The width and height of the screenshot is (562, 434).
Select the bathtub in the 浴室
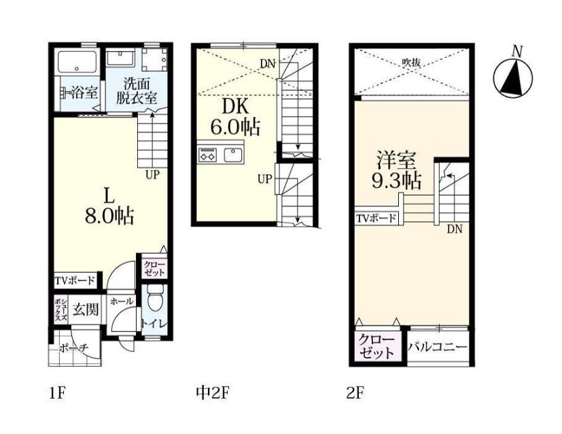click(x=77, y=63)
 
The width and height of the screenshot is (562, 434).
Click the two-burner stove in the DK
click(x=207, y=154)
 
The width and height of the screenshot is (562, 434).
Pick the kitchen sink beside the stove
click(x=234, y=154)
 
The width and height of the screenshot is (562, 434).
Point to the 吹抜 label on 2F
click(x=410, y=63)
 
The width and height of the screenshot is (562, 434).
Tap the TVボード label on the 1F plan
click(x=75, y=280)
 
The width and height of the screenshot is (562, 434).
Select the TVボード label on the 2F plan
click(x=376, y=218)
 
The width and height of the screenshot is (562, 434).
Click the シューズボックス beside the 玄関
click(x=60, y=310)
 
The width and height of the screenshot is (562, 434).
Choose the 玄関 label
click(x=86, y=310)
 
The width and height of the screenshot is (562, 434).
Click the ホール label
click(x=122, y=301)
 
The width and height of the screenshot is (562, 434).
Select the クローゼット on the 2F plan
click(x=376, y=346)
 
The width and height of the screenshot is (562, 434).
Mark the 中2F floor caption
click(x=212, y=393)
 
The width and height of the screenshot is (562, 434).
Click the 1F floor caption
click(x=57, y=393)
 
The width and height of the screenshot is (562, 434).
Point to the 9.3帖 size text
click(x=396, y=181)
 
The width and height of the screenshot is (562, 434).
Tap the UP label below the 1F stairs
click(x=152, y=175)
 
